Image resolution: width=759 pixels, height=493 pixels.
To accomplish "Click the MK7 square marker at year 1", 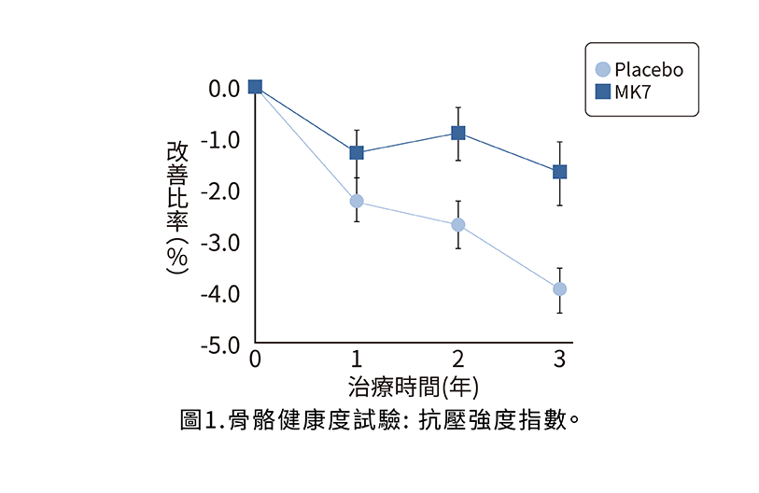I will pos(357,152).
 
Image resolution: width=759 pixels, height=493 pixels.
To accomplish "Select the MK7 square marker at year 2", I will pos(458,133).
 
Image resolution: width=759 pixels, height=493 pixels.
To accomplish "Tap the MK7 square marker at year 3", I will pos(560,172).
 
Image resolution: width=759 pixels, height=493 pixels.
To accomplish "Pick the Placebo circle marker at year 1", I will pos(357,201).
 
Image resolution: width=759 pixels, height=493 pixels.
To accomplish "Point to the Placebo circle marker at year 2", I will pos(458,225).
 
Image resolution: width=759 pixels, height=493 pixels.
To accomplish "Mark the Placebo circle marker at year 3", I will pos(560,289).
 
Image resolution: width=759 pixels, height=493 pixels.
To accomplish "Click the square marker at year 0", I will pos(255,87).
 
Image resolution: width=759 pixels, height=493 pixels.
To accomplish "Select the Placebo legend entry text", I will pos(649,70).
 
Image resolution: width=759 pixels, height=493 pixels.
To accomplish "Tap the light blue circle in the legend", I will pos(603,69).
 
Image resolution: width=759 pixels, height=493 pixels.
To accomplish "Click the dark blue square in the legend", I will pos(603,92).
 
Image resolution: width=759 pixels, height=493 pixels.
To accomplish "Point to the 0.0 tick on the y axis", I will pos(224,89).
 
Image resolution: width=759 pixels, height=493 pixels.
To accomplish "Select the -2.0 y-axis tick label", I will pos(221,191).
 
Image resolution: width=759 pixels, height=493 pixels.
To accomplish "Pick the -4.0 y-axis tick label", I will pos(221,294).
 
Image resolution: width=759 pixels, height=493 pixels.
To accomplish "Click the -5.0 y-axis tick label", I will pos(221,345).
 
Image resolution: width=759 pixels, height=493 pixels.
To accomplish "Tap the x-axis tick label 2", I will pos(458,359).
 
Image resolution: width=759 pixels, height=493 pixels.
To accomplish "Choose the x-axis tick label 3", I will pos(560,359).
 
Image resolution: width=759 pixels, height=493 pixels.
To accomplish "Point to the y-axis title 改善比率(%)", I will pos(176,207).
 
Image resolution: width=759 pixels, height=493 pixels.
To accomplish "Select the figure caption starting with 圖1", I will pos(380,418).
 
